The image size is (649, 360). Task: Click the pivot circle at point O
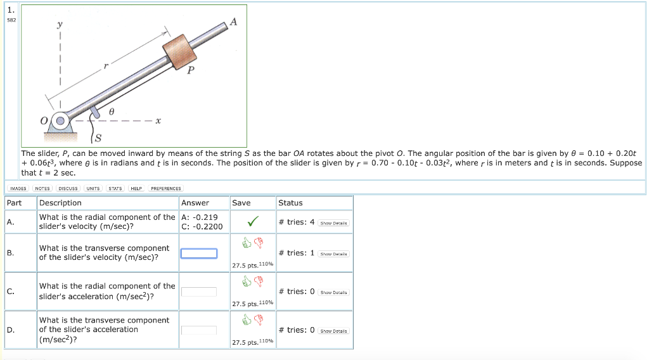[x=61, y=120]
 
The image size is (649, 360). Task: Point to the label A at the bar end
[x=233, y=22]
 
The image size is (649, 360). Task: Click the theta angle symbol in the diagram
[x=112, y=111]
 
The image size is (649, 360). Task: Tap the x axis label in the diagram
[x=158, y=120]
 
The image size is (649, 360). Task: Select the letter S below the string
[x=99, y=138]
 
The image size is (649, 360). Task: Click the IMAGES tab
[x=18, y=188]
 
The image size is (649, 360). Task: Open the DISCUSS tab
[x=68, y=188]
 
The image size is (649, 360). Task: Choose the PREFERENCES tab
[x=165, y=188]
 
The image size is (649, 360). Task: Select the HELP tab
[x=136, y=188]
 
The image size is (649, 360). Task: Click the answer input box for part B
[x=198, y=254]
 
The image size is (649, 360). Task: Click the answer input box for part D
[x=198, y=330]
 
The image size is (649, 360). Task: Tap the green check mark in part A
[x=252, y=222]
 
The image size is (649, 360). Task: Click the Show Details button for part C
[x=334, y=292]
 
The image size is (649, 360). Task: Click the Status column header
[x=290, y=203]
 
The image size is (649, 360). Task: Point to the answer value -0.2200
[x=202, y=226]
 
